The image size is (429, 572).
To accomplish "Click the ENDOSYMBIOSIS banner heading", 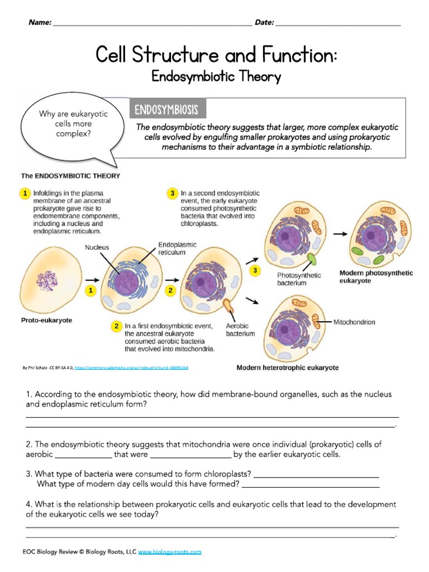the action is click(168, 109).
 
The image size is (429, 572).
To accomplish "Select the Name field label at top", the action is click(39, 22).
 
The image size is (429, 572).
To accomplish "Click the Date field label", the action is click(264, 22).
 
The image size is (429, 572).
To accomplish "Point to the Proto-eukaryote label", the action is click(47, 321).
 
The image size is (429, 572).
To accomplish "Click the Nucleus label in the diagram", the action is click(97, 247).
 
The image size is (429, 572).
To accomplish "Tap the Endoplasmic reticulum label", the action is click(177, 249).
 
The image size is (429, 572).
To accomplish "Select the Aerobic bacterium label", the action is click(240, 330).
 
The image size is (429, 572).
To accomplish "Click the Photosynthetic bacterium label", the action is click(299, 279).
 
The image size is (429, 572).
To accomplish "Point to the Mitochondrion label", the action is click(354, 322).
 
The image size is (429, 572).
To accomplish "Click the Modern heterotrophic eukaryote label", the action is click(287, 368).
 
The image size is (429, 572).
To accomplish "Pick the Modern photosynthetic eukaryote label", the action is click(376, 277).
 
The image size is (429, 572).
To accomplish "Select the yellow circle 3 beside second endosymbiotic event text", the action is click(173, 193).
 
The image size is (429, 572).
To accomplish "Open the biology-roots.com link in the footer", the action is click(169, 552).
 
